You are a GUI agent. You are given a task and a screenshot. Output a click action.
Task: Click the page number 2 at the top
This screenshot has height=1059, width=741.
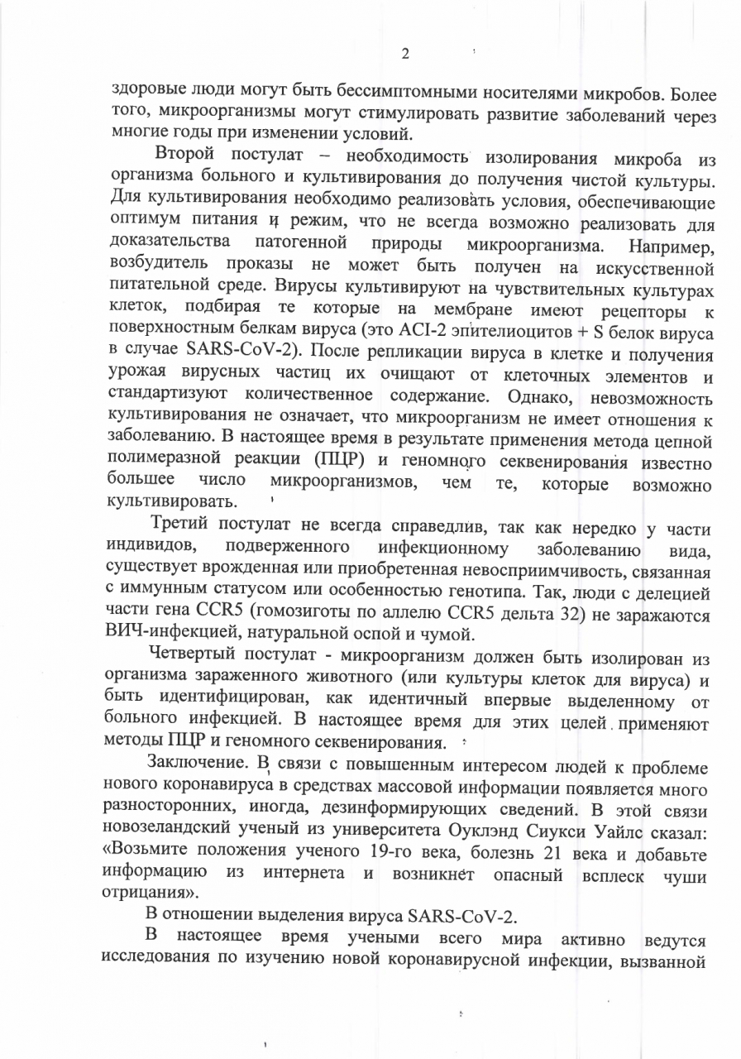coord(405,55)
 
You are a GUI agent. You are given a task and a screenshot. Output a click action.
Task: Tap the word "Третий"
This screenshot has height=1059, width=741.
coord(184,525)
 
